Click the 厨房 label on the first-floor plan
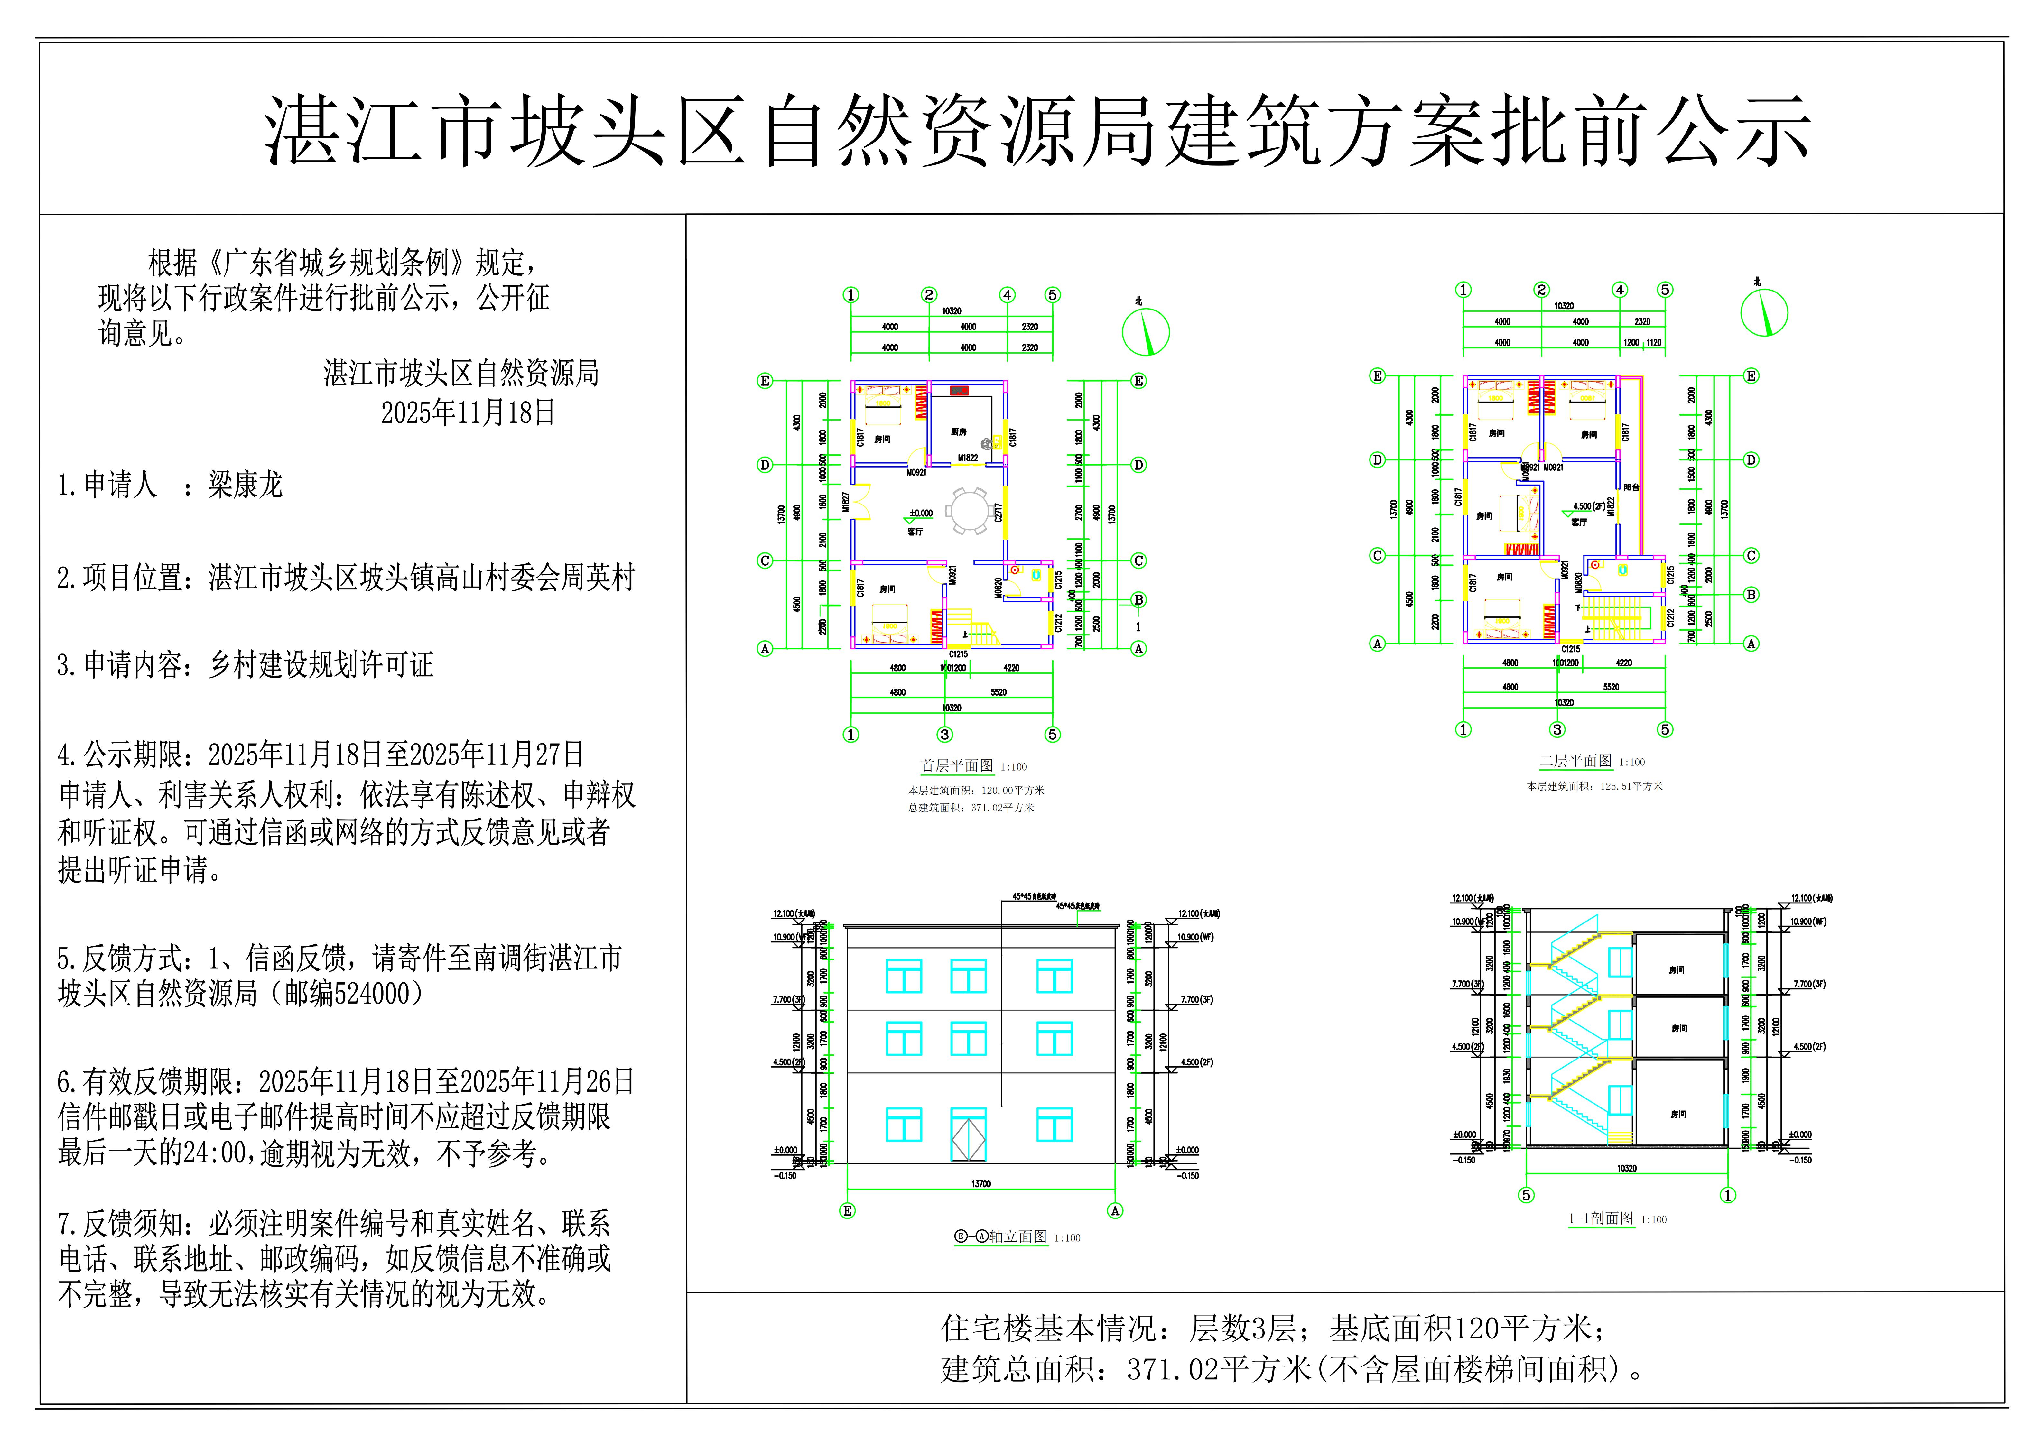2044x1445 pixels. tap(958, 432)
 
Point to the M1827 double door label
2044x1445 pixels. tap(846, 501)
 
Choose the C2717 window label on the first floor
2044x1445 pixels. tap(999, 513)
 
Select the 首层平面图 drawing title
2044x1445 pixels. tap(956, 766)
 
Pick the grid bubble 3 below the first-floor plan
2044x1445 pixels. tap(944, 735)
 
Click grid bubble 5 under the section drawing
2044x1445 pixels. tap(1526, 1195)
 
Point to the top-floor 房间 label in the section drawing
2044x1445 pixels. tap(1676, 969)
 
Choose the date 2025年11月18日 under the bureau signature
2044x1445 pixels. tap(468, 412)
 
